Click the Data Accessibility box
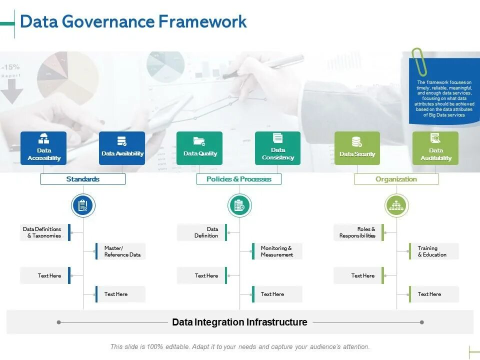[x=43, y=148]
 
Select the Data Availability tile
[x=122, y=148]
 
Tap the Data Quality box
[x=199, y=148]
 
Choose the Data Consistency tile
[x=278, y=148]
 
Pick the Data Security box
[x=357, y=148]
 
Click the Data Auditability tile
[x=435, y=148]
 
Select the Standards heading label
[x=83, y=179]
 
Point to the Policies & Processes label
[x=239, y=179]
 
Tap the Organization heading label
[x=396, y=179]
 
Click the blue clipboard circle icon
[x=83, y=205]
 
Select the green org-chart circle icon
[x=397, y=205]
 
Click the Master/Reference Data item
[x=121, y=251]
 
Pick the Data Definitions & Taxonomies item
[x=44, y=232]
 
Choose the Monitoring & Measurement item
[x=277, y=251]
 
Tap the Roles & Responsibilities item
[x=358, y=232]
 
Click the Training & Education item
[x=433, y=251]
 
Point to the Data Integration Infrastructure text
[x=239, y=322]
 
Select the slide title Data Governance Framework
[x=133, y=21]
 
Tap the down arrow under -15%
[x=12, y=92]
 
